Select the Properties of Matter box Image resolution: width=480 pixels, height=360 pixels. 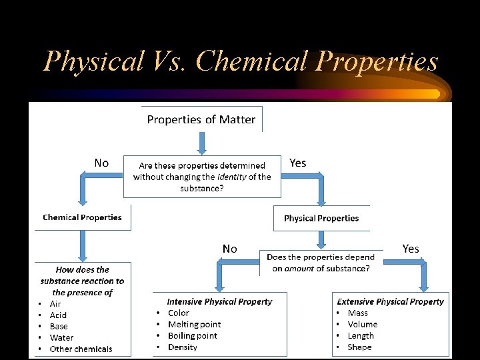[x=201, y=119]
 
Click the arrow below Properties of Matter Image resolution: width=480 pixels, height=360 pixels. [x=201, y=143]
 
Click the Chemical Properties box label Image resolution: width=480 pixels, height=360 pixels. [x=82, y=217]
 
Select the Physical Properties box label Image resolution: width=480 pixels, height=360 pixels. [x=321, y=218]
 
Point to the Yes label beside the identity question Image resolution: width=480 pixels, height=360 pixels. [x=298, y=163]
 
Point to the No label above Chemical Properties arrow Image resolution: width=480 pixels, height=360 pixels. [x=101, y=163]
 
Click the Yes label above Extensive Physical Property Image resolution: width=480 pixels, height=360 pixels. [x=411, y=249]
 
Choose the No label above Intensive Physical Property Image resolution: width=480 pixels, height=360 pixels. [x=229, y=249]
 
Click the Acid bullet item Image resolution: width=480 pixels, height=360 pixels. [x=58, y=315]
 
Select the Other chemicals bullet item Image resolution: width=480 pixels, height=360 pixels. [x=81, y=349]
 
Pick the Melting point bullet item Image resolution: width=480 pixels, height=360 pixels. [x=194, y=324]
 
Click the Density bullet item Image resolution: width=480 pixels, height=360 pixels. [x=182, y=347]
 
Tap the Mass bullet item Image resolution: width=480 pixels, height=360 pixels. [x=357, y=313]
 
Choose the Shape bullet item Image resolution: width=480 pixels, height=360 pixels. [x=359, y=347]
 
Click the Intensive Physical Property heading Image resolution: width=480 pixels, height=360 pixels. [x=219, y=301]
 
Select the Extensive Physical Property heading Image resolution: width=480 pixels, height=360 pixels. [x=390, y=301]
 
